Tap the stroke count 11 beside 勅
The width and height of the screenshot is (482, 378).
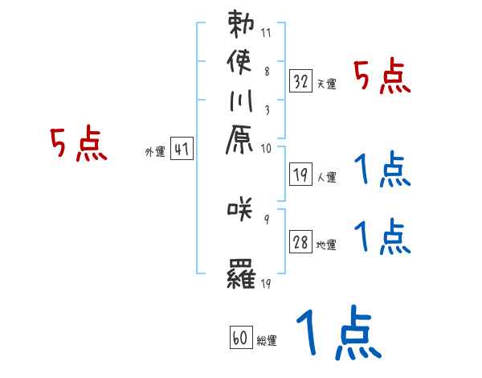[266, 33]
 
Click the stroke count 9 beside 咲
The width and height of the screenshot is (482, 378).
[266, 218]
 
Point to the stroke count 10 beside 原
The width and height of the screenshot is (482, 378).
[266, 148]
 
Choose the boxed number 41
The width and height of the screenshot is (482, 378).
[182, 148]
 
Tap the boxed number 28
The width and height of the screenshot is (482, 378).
[301, 242]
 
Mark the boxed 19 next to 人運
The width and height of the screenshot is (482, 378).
[301, 172]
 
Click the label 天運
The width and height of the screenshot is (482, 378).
[326, 84]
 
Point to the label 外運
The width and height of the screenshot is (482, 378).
[154, 150]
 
